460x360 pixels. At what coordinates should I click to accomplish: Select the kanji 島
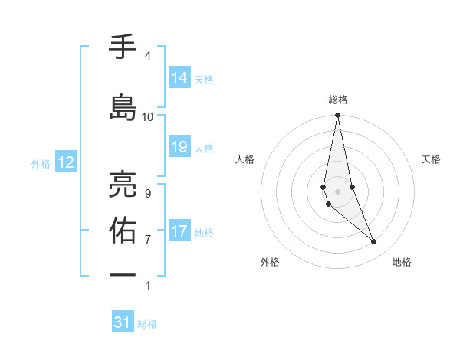[x=123, y=107]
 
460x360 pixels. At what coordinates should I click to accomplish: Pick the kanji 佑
[x=123, y=230]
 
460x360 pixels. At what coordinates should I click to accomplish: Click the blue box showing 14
[x=179, y=78]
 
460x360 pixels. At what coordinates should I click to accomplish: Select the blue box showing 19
[x=179, y=147]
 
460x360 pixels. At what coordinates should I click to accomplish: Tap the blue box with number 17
[x=179, y=231]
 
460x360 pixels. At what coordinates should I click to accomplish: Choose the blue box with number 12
[x=66, y=162]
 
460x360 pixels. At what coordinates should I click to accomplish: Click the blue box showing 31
[x=123, y=322]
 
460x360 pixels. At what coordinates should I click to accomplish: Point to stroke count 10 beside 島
[x=148, y=117]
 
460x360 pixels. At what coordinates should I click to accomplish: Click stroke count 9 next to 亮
[x=148, y=193]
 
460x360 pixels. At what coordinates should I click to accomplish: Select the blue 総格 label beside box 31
[x=147, y=323]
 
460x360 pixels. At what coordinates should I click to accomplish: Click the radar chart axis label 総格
[x=338, y=100]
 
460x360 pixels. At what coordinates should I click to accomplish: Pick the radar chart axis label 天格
[x=432, y=159]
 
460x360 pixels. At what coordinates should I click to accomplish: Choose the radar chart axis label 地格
[x=402, y=262]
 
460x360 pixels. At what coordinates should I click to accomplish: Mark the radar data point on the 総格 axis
[x=338, y=116]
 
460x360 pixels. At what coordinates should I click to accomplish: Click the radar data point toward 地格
[x=374, y=242]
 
